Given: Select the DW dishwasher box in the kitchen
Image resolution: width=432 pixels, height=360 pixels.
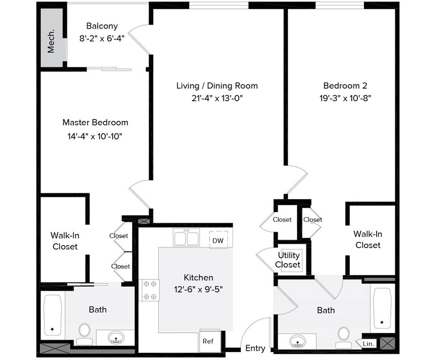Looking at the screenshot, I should (218, 240).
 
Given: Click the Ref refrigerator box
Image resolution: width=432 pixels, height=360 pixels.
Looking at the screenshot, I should (208, 341).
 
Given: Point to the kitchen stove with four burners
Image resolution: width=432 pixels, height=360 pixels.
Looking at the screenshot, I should (150, 290).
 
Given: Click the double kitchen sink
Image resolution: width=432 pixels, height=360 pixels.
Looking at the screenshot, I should (186, 238).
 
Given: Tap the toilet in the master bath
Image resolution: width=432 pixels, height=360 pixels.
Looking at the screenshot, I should (84, 330).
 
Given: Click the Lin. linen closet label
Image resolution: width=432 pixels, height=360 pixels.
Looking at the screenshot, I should (368, 344).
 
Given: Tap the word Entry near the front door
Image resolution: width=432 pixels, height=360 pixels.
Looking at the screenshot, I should (255, 348).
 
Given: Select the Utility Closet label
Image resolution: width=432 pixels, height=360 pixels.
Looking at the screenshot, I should (288, 260).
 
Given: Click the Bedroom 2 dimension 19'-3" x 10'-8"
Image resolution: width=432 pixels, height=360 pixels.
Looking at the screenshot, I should (345, 98).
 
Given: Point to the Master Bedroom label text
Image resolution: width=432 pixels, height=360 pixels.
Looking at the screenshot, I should (95, 122).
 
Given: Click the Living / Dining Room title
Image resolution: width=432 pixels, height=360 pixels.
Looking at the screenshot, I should (217, 86).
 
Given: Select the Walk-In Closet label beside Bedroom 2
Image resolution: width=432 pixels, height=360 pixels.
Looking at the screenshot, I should (368, 240).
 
